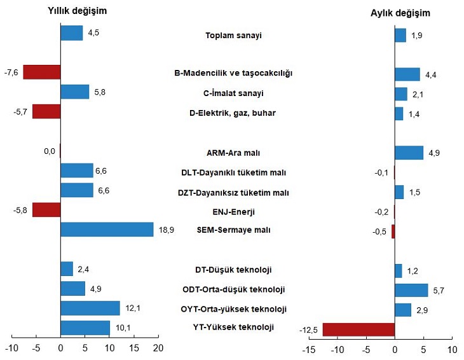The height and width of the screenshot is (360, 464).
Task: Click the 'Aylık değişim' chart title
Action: coord(400,13)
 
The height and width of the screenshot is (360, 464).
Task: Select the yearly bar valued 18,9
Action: coord(107,230)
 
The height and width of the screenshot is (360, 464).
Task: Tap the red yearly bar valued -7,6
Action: coord(42,72)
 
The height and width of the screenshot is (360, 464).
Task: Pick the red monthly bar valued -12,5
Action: coord(358,329)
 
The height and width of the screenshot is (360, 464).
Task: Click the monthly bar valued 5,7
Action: coord(411,290)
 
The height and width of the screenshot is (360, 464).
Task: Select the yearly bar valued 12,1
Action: coord(90,308)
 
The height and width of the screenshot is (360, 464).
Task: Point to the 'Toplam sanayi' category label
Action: coord(234,36)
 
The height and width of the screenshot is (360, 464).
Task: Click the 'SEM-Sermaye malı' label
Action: coord(234,230)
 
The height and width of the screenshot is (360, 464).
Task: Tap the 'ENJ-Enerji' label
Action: coord(234,211)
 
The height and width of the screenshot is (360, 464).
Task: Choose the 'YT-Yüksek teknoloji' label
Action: coord(234,328)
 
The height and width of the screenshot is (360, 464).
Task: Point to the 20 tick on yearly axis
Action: coord(158,349)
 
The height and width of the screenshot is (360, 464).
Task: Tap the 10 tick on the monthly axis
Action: coord(452,350)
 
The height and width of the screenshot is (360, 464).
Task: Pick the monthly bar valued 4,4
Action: coord(407,74)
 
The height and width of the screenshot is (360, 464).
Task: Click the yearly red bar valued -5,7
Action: coord(46,111)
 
